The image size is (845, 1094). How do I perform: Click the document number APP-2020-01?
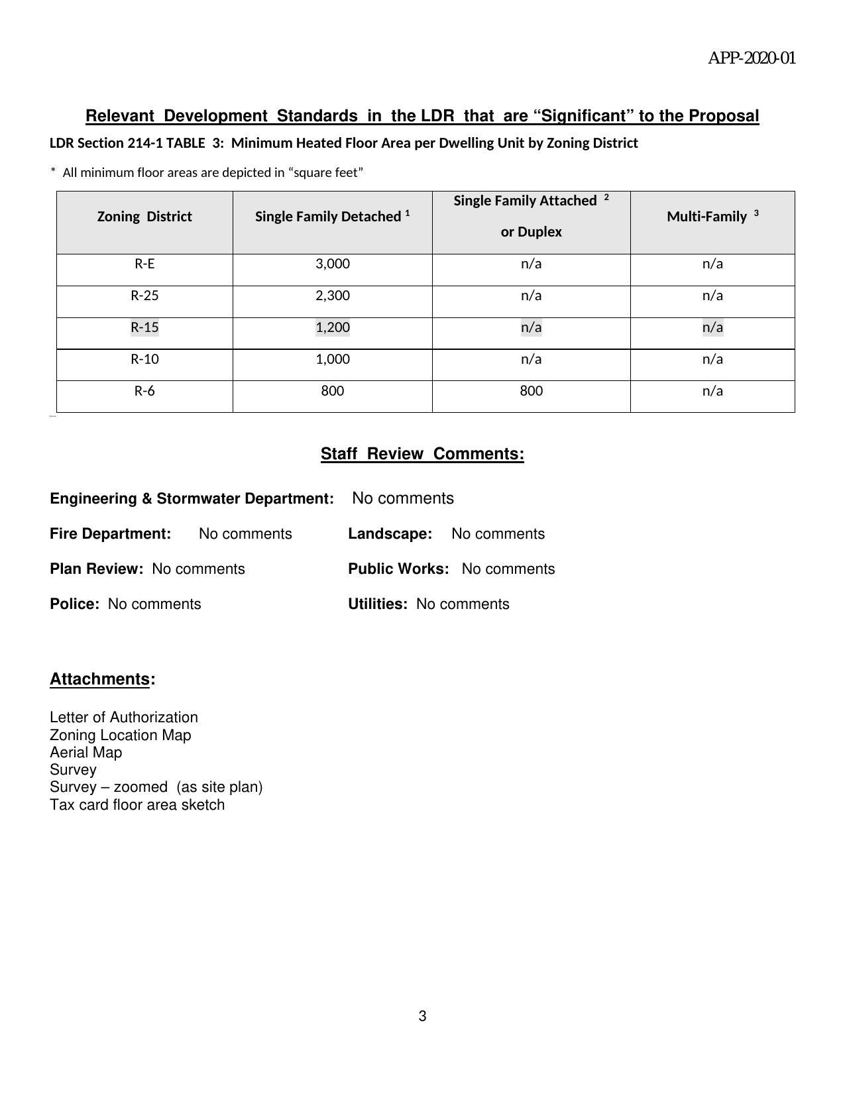pyautogui.click(x=752, y=58)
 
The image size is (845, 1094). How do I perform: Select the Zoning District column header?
pyautogui.click(x=144, y=217)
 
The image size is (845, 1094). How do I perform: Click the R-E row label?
pyautogui.click(x=144, y=264)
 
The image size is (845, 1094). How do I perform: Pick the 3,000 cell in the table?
pyautogui.click(x=332, y=264)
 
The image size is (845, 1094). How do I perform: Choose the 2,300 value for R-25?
pyautogui.click(x=332, y=296)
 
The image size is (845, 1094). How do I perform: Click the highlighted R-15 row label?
pyautogui.click(x=144, y=327)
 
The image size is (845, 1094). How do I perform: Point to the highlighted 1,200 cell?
pyautogui.click(x=332, y=327)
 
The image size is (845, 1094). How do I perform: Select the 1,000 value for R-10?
pyautogui.click(x=332, y=359)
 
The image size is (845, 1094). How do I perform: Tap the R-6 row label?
pyautogui.click(x=144, y=391)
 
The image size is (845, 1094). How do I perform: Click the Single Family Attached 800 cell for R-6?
pyautogui.click(x=531, y=391)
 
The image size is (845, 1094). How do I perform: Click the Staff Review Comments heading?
pyautogui.click(x=422, y=454)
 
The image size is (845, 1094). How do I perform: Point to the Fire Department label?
pyautogui.click(x=110, y=534)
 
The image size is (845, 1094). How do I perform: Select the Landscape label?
pyautogui.click(x=390, y=534)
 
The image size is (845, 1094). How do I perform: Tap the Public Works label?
pyautogui.click(x=398, y=569)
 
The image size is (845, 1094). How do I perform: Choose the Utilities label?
pyautogui.click(x=377, y=604)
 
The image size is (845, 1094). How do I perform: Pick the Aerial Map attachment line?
pyautogui.click(x=85, y=753)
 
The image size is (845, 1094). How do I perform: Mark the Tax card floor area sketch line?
pyautogui.click(x=137, y=805)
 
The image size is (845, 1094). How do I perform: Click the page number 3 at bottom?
pyautogui.click(x=422, y=1016)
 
